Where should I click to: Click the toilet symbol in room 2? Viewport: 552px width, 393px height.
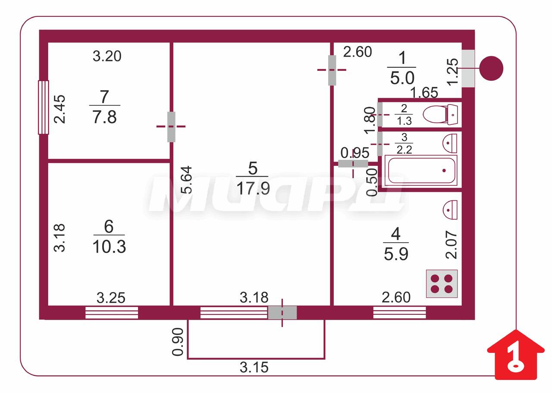(440, 114)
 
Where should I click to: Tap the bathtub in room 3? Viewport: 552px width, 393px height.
(421, 170)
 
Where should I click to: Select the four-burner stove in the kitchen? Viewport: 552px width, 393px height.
(442, 284)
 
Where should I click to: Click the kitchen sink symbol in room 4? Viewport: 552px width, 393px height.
(450, 210)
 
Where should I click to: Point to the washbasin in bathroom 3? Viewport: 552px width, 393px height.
(450, 143)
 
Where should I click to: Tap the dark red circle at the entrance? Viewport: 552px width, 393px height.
(491, 68)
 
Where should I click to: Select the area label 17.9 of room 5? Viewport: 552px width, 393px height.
(253, 189)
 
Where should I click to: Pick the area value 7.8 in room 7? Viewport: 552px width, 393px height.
(104, 117)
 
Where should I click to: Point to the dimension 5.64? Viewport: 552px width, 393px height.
(186, 180)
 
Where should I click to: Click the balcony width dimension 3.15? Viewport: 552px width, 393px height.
(254, 368)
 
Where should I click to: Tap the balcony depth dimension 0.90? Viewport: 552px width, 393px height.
(178, 342)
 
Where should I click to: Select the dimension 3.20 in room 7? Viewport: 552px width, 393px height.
(107, 56)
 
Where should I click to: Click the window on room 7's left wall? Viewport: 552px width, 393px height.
(44, 108)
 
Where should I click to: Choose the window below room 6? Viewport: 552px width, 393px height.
(112, 313)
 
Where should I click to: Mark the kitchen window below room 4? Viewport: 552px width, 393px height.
(399, 313)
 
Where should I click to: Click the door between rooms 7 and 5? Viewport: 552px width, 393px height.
(171, 127)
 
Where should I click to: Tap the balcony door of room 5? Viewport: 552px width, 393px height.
(282, 313)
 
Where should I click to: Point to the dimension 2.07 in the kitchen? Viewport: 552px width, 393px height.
(452, 244)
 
